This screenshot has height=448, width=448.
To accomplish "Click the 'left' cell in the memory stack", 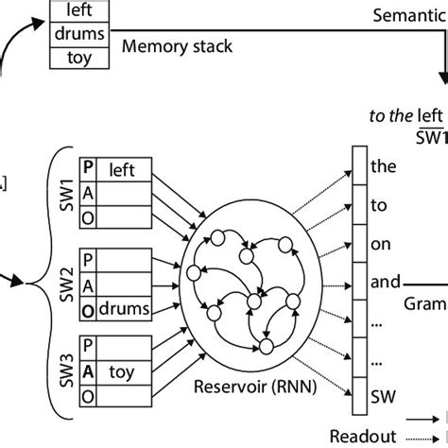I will (x=80, y=11).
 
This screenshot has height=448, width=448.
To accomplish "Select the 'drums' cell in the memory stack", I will (x=80, y=33).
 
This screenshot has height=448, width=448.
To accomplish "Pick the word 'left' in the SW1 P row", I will (x=123, y=171).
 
